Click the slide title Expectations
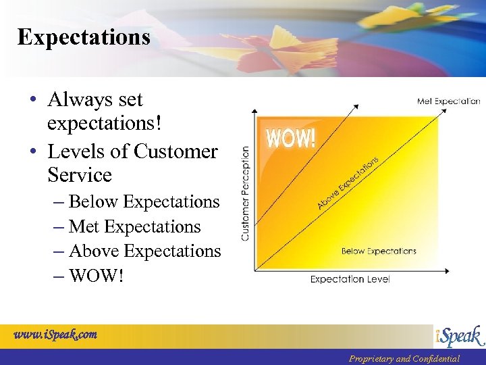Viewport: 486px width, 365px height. click(x=84, y=37)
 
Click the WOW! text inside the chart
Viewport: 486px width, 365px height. click(x=290, y=138)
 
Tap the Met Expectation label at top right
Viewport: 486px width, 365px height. click(x=448, y=101)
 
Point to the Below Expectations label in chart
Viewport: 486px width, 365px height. click(x=379, y=251)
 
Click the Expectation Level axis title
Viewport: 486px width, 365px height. click(x=350, y=279)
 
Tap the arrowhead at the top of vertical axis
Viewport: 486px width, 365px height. click(x=253, y=110)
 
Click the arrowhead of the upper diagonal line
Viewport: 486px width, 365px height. click(x=355, y=105)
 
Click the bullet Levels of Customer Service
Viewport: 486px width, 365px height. click(x=132, y=163)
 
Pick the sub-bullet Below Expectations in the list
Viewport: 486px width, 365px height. click(x=144, y=201)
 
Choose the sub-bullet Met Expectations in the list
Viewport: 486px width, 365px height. click(x=135, y=226)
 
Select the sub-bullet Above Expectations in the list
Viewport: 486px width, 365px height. click(x=145, y=251)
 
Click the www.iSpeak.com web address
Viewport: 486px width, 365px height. click(x=55, y=334)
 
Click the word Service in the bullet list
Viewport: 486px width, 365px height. click(x=80, y=175)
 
